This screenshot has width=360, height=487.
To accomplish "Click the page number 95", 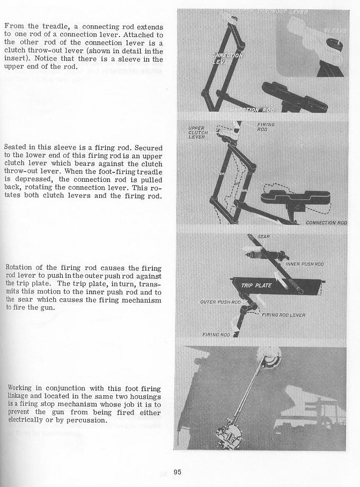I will coord(178,472).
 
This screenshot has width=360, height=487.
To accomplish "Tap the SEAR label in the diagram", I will coord(264,236).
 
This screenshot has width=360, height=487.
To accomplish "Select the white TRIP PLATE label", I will coord(254,285).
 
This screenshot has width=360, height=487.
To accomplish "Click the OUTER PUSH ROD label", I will coord(219,302).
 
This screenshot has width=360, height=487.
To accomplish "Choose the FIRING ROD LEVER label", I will coord(284,315).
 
